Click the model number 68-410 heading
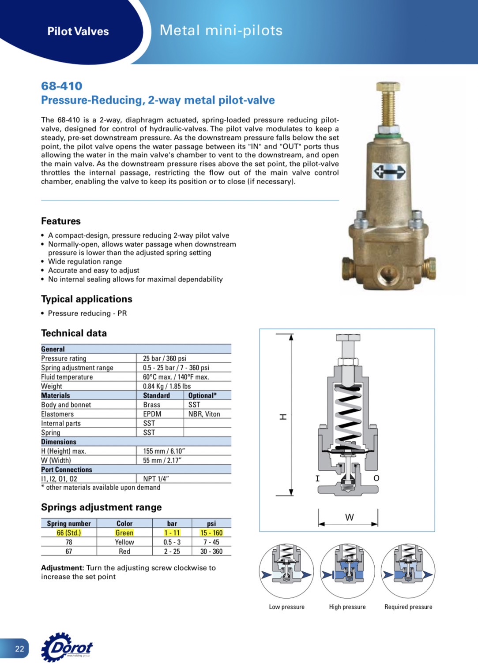click(x=62, y=86)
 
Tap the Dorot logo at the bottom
click(x=68, y=648)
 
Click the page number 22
click(x=19, y=648)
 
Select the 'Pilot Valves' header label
click(x=78, y=31)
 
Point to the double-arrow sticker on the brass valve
click(x=389, y=171)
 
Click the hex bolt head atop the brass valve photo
click(x=388, y=86)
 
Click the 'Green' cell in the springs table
click(x=124, y=533)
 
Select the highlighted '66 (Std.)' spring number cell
click(x=69, y=533)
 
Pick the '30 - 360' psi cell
click(x=211, y=551)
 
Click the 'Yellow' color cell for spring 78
click(x=124, y=542)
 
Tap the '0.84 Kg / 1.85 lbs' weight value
click(x=167, y=386)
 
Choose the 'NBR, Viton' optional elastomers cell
click(x=204, y=414)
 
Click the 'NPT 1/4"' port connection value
click(x=156, y=479)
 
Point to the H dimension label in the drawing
click(x=283, y=417)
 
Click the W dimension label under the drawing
click(x=349, y=517)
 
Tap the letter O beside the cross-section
click(x=376, y=478)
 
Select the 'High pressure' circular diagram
click(x=347, y=571)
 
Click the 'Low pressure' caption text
click(x=286, y=607)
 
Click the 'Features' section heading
click(x=61, y=221)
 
